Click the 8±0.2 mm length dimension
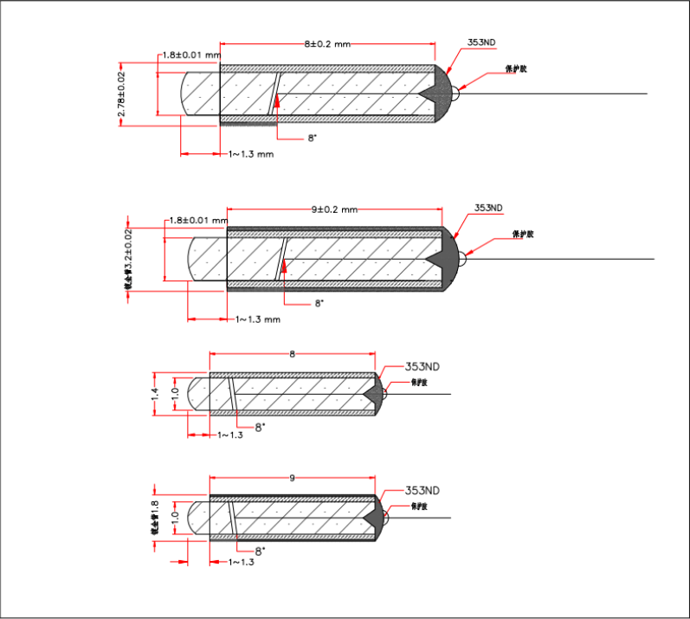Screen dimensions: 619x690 tap(327, 42)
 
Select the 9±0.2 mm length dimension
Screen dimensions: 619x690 tap(334, 209)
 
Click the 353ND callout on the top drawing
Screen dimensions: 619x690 tap(482, 42)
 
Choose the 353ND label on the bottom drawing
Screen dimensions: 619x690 tap(422, 490)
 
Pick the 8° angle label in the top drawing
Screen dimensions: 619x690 tap(312, 138)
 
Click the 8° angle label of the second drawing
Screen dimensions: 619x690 tap(319, 303)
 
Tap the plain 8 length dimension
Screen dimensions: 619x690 tap(293, 354)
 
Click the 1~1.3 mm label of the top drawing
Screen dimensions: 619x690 tap(251, 154)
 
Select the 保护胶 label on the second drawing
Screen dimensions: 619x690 tap(523, 234)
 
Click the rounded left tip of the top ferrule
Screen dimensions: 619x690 tap(190, 93)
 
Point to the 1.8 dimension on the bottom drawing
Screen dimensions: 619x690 tap(155, 517)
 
